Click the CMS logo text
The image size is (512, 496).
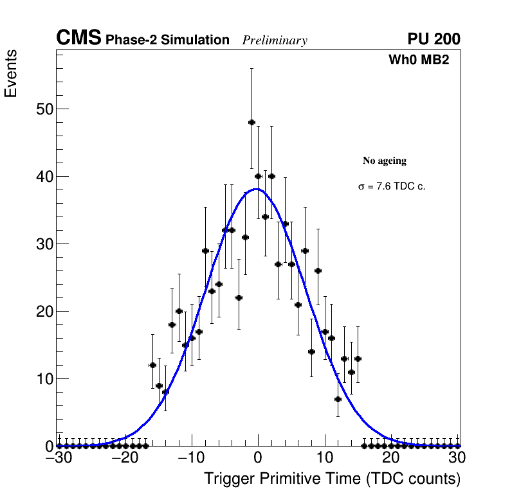coord(78,39)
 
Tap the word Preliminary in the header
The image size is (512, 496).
coord(275,40)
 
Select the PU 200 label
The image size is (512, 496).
coord(434,39)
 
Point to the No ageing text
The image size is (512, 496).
coord(385,161)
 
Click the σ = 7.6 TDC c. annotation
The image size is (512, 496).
coord(392,186)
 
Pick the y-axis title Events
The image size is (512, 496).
coord(11,74)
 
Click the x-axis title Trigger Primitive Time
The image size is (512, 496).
coord(332,479)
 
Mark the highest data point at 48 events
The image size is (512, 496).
coord(251,122)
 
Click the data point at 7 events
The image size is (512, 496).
coord(338,399)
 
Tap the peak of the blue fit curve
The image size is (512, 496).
coord(257,189)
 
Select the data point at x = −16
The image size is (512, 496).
coord(152,365)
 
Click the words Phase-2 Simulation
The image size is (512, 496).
coord(167,40)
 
